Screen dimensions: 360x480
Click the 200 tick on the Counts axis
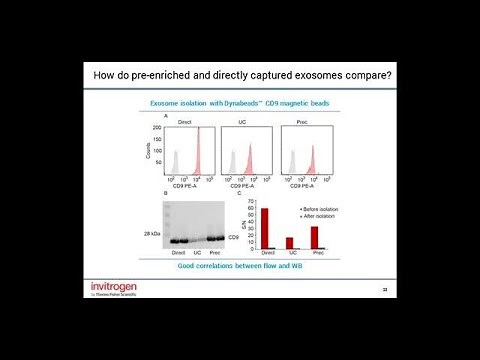(x=158, y=129)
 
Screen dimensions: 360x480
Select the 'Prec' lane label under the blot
(x=213, y=254)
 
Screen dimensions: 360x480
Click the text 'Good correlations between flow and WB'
(x=240, y=265)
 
